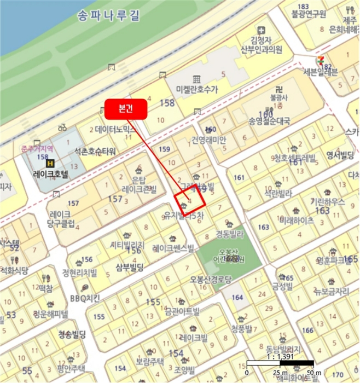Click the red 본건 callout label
pos(126,109)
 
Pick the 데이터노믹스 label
pos(115,130)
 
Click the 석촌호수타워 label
pos(95,152)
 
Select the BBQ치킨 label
pos(85,298)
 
